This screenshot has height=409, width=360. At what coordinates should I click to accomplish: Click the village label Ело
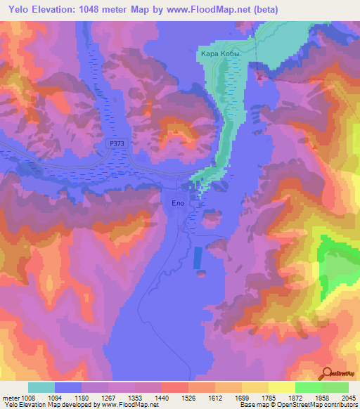click(178, 202)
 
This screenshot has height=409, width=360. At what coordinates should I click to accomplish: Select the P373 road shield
click(118, 143)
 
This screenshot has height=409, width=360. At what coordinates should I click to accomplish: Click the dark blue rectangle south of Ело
click(198, 257)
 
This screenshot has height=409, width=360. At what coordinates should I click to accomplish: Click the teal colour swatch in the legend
click(41, 387)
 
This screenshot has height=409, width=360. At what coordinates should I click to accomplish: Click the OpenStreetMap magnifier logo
click(328, 374)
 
